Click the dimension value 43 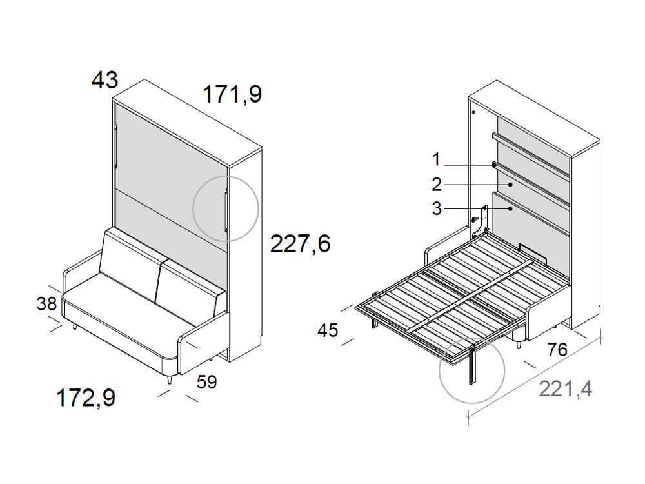click(x=105, y=81)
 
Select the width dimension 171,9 click(x=232, y=95)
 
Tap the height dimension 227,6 click(x=300, y=244)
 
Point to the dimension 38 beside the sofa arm click(x=46, y=303)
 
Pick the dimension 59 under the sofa click(x=207, y=382)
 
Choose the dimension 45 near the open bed click(x=328, y=330)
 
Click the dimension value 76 click(x=557, y=350)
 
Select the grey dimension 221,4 click(x=566, y=389)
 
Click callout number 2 click(x=437, y=185)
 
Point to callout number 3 click(x=437, y=209)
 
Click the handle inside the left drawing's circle click(x=226, y=210)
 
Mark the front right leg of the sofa click(x=169, y=380)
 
